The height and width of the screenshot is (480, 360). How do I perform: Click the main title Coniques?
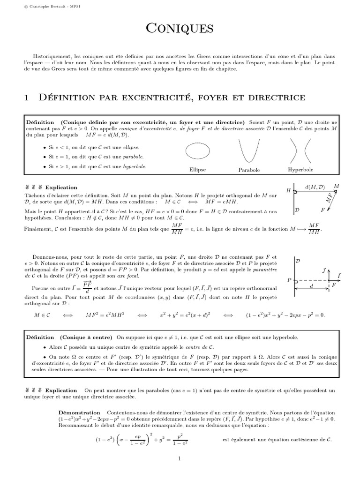pyautogui.click(x=180, y=29)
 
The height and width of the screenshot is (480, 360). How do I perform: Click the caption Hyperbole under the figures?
pyautogui.click(x=300, y=169)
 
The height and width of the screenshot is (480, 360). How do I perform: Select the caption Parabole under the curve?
pyautogui.click(x=249, y=170)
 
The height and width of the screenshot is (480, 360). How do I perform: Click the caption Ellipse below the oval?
pyautogui.click(x=197, y=170)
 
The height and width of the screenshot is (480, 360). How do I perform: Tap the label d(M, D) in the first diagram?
pyautogui.click(x=315, y=187)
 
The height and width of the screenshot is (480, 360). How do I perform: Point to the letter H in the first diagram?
pyautogui.click(x=288, y=190)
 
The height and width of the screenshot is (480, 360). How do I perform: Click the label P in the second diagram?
pyautogui.click(x=289, y=280)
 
